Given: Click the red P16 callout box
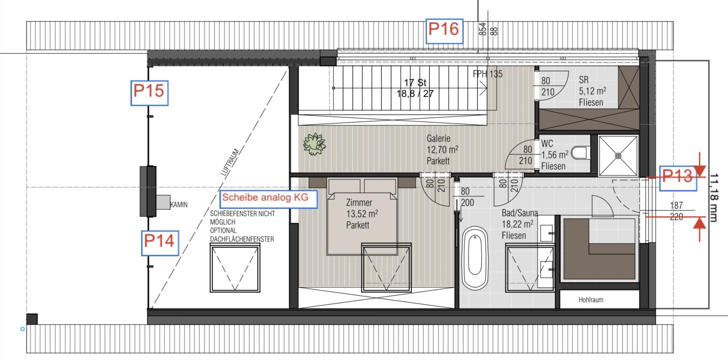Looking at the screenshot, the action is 444,31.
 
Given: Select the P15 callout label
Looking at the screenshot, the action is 149,92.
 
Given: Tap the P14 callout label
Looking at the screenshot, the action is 160,242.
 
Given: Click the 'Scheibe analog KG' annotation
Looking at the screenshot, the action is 268,198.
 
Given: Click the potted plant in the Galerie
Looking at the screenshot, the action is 314,144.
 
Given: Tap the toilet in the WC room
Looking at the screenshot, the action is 580,153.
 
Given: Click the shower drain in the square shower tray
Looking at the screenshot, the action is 618,156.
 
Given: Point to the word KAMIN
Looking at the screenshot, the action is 179,205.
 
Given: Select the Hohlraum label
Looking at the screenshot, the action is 591,300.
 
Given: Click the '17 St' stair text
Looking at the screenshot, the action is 415,82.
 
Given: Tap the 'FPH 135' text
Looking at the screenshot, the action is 488,74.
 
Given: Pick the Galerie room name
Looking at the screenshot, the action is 438,138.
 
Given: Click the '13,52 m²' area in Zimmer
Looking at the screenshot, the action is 362,214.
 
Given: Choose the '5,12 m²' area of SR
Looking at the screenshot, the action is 592,91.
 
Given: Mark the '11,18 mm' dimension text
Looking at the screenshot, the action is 713,197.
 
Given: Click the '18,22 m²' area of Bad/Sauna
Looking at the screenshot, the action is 518,224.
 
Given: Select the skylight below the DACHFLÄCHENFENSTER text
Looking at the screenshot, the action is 235,268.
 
